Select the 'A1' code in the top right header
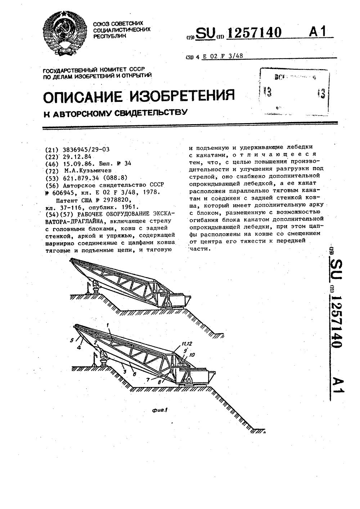pos(317,32)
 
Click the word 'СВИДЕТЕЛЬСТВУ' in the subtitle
pos(150,113)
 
